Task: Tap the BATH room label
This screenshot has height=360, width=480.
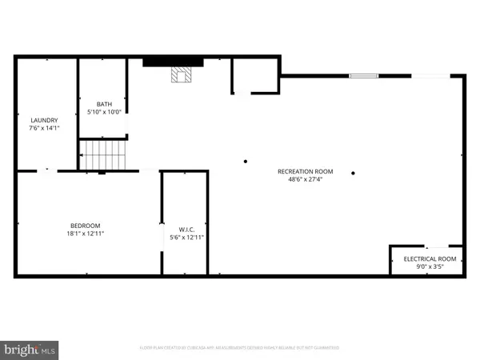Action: tap(105, 104)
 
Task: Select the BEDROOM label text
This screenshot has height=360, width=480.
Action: tap(86, 226)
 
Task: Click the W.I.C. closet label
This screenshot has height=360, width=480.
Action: tap(187, 230)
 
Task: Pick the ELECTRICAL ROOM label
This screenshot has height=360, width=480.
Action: tap(429, 259)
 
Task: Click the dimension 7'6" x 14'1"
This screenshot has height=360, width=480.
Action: tap(44, 128)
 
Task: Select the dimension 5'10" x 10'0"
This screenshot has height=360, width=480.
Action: tap(105, 112)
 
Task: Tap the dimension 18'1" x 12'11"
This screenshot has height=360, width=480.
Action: tap(86, 234)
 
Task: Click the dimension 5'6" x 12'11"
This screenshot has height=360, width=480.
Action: tap(187, 238)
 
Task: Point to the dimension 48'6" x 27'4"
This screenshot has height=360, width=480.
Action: tap(300, 179)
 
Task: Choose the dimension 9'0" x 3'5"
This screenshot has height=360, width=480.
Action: tap(429, 266)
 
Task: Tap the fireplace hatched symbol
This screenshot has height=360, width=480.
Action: tap(181, 75)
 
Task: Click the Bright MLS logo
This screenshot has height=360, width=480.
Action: tap(30, 350)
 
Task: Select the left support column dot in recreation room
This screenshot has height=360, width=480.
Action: tap(246, 162)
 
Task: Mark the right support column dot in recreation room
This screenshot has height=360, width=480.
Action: tap(353, 173)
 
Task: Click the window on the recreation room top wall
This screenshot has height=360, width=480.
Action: tap(363, 76)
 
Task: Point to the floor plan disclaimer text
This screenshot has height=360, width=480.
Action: tap(239, 347)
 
